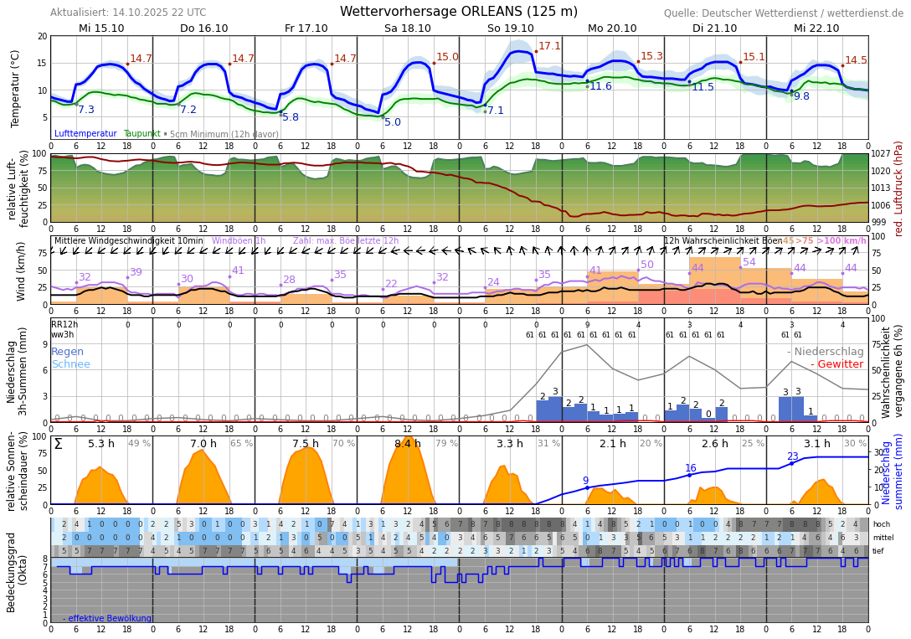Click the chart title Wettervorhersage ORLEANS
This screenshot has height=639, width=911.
(x=458, y=12)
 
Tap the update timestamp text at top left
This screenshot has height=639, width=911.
(x=128, y=13)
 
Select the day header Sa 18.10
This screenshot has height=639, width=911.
(x=408, y=28)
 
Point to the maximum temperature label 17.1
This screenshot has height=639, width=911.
(x=550, y=46)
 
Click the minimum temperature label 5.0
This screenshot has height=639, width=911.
(x=393, y=122)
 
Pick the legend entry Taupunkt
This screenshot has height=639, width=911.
(x=142, y=134)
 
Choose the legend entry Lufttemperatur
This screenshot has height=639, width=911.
(x=85, y=134)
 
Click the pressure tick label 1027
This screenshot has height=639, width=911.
(x=882, y=154)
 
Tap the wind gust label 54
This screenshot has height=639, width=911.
(x=749, y=262)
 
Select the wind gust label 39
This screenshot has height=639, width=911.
(x=136, y=272)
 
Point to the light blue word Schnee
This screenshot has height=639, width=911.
(x=70, y=364)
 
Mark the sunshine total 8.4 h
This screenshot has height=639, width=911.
(x=408, y=444)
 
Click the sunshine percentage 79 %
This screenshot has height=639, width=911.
(x=447, y=444)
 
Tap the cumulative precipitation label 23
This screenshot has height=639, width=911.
(x=792, y=456)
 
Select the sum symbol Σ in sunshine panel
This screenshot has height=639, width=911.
(x=58, y=444)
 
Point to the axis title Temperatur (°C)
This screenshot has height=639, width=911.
(x=15, y=88)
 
